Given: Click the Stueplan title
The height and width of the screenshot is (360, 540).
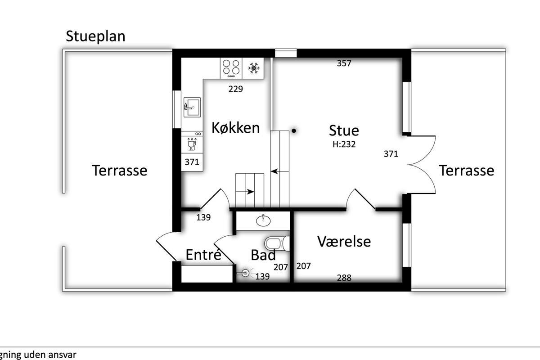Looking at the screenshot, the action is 95,36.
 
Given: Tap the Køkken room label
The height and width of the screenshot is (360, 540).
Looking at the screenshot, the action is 235,128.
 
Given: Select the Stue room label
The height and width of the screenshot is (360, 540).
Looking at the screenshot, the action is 344,130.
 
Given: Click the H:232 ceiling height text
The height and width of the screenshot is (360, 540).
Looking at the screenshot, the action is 344,144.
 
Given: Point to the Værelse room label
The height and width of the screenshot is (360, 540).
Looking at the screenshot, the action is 344,241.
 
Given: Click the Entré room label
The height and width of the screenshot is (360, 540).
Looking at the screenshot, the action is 203,255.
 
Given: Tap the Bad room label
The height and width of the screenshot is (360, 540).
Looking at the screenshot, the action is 263,255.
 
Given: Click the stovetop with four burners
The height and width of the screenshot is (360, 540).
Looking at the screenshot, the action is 231,68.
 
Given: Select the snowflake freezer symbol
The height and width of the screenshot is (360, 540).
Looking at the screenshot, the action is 254,68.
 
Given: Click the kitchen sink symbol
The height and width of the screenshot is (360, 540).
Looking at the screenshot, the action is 192,107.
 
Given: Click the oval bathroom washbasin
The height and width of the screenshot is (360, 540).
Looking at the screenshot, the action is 263,220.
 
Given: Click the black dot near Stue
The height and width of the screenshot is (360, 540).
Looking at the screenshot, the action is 294,130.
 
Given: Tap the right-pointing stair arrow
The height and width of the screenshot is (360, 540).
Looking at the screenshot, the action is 245,192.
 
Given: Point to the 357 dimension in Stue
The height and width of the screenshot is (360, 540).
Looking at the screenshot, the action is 344,63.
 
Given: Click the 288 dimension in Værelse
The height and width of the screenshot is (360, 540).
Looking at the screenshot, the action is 344,278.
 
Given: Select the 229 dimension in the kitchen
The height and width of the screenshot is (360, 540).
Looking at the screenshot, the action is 235,89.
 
